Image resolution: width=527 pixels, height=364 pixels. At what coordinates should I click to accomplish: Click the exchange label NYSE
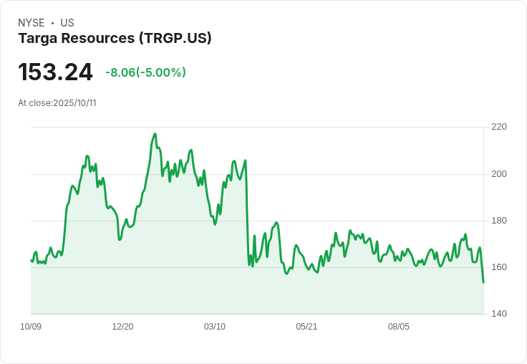[x=32, y=23]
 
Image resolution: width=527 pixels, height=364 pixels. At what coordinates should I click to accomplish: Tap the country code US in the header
[x=67, y=23]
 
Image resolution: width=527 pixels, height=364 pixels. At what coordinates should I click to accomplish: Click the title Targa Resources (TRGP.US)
[x=115, y=39]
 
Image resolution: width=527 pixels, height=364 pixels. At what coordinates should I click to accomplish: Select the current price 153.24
[x=55, y=72]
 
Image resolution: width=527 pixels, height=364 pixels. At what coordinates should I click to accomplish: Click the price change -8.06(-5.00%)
[x=145, y=72]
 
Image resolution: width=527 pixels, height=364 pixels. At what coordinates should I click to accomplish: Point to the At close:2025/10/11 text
[x=57, y=103]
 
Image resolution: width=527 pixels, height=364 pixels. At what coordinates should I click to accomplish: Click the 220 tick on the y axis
[x=499, y=127]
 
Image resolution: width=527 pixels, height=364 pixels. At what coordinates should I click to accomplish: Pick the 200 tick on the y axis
[x=499, y=174]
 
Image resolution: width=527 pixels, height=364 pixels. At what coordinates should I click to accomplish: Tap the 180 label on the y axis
[x=499, y=221]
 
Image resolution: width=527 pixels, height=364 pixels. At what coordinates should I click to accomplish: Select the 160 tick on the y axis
[x=499, y=267]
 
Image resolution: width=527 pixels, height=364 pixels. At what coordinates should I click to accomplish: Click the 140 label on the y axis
[x=499, y=314]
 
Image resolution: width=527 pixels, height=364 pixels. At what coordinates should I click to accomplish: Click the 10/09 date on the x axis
[x=31, y=327]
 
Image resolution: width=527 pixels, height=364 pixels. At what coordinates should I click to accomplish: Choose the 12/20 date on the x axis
[x=122, y=327]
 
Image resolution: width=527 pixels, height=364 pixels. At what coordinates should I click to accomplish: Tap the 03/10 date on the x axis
[x=215, y=327]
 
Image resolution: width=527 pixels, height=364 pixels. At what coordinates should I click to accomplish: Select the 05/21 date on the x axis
[x=306, y=327]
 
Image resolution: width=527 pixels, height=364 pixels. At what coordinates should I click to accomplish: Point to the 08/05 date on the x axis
[x=399, y=327]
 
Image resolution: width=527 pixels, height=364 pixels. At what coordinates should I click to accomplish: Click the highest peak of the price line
[x=155, y=134]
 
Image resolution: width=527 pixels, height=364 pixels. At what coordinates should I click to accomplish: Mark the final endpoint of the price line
[x=483, y=282]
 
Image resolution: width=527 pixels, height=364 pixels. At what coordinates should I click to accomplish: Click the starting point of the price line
[x=32, y=260]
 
